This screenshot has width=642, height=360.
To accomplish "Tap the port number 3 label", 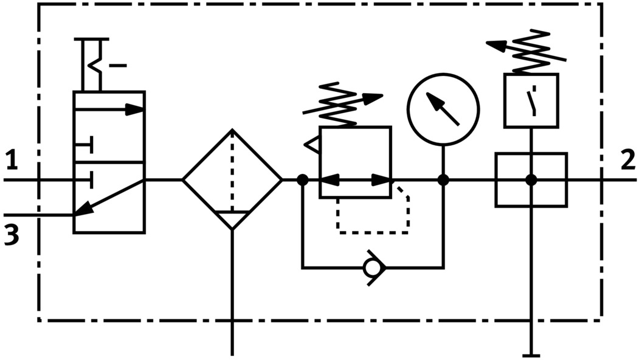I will tap(10, 234).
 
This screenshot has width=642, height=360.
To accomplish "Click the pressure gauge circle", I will tap(443, 109).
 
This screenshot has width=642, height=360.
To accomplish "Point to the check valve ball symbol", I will tap(370, 267).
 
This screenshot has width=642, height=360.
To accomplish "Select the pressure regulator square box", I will tap(355, 162).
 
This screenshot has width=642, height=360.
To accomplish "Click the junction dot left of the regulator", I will tap(302, 180).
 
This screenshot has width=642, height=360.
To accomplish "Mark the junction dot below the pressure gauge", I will tap(443, 180).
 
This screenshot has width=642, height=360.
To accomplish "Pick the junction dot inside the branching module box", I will tap(531, 180).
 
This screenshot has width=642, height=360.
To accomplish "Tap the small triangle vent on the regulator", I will tap(312, 145).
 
